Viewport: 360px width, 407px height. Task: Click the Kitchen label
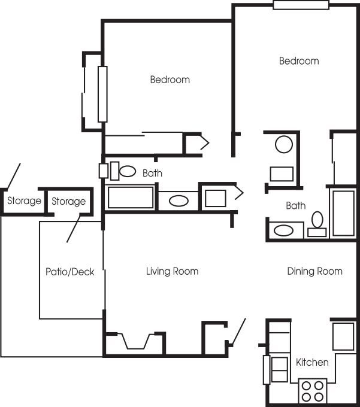(312, 362)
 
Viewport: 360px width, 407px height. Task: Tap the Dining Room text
(315, 271)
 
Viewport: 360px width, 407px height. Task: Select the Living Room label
(172, 271)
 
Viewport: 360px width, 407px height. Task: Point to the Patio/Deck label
(70, 272)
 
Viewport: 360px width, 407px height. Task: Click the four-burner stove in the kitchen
(313, 391)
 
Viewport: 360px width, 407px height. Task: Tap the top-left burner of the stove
(306, 385)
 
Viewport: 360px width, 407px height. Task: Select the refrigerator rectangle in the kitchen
(343, 336)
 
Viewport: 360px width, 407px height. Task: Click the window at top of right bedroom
(301, 5)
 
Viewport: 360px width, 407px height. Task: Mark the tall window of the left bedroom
(102, 94)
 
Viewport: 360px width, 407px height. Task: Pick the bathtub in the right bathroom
(344, 214)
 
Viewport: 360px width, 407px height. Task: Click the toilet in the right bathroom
(317, 224)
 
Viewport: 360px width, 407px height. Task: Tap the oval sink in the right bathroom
(284, 230)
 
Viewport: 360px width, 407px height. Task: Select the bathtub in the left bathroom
(131, 198)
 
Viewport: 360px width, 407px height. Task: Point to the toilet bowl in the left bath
(127, 171)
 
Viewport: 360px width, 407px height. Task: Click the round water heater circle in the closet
(284, 144)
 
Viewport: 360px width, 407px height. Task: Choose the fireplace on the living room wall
(135, 341)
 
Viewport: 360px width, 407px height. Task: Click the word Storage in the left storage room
(24, 201)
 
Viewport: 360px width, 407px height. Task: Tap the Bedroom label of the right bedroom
(299, 61)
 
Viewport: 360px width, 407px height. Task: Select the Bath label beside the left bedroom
(153, 173)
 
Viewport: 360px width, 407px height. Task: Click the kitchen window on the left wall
(267, 370)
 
